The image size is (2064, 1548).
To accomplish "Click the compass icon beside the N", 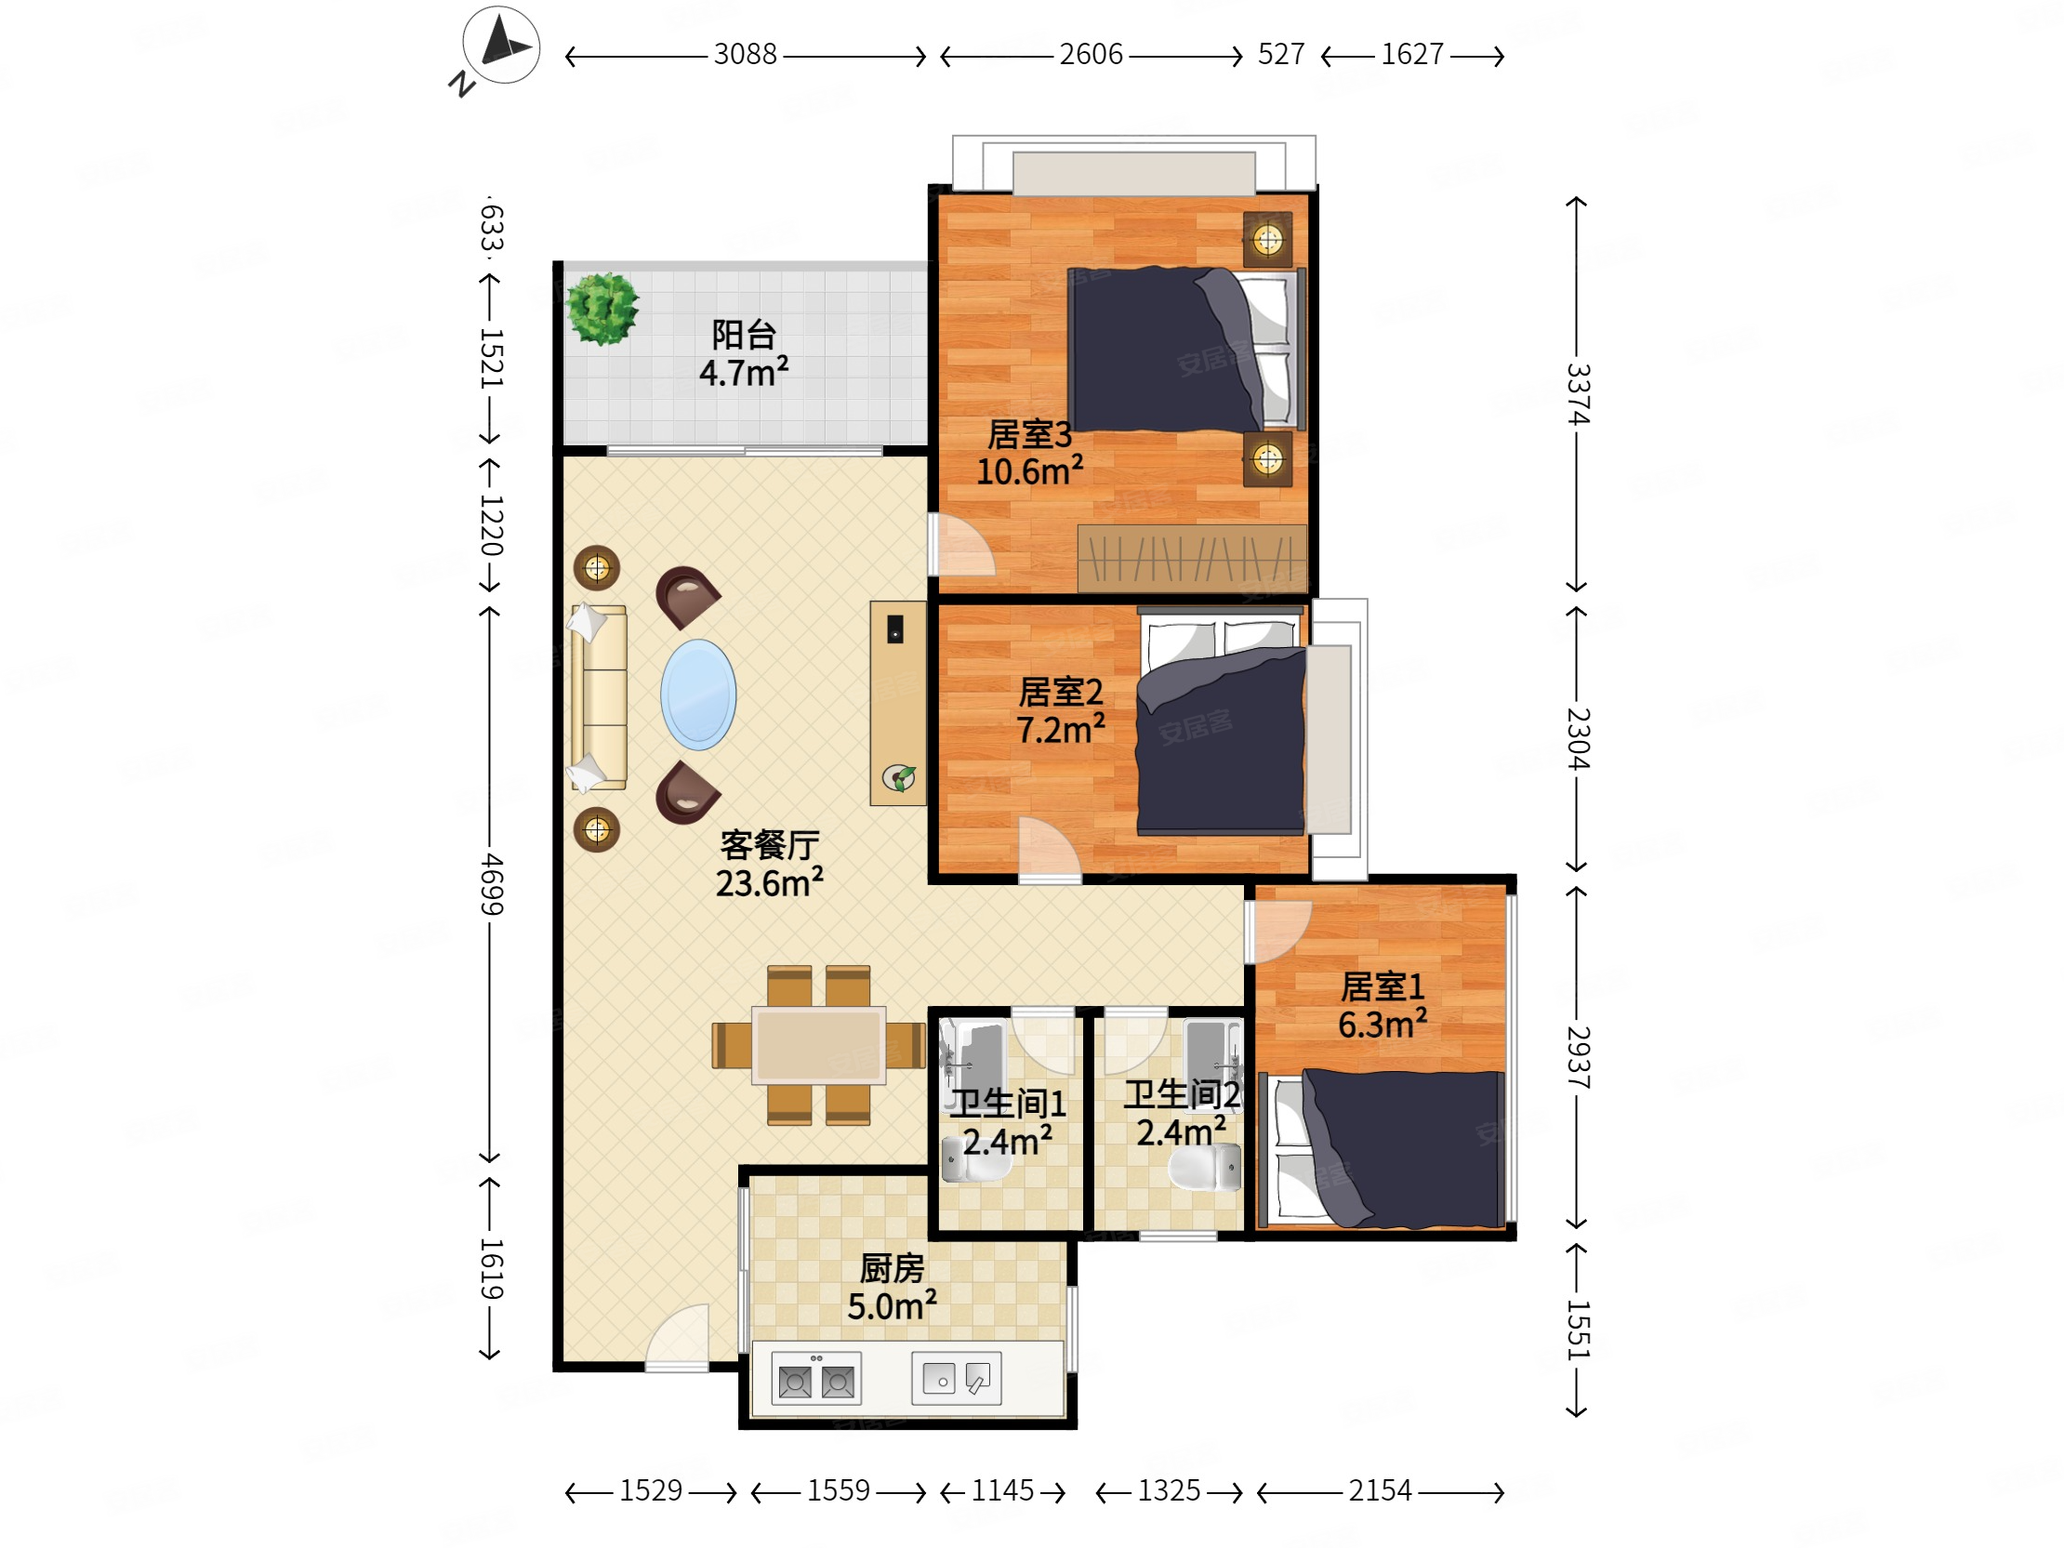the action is [x=501, y=44].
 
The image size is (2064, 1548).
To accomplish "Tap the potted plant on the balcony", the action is [x=602, y=308].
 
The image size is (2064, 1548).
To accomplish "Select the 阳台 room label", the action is [x=744, y=334].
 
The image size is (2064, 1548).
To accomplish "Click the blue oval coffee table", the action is [x=698, y=695].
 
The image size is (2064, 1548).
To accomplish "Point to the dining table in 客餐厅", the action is [x=818, y=1045].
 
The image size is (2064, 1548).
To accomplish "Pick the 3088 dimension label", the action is [x=745, y=54].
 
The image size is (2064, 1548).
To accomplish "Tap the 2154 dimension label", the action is [x=1380, y=1490].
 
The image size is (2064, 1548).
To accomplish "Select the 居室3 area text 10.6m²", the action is [x=1029, y=470].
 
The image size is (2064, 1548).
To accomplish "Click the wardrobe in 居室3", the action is [x=1193, y=558].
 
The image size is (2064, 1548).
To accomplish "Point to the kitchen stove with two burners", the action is [x=816, y=1378].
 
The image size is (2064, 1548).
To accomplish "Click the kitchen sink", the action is [x=957, y=1378].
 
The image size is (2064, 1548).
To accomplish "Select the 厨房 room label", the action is [x=892, y=1268].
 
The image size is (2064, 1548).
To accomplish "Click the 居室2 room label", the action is [x=1061, y=692].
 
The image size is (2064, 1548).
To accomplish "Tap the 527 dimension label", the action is [x=1281, y=54].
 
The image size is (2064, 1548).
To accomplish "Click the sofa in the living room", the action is [x=598, y=698].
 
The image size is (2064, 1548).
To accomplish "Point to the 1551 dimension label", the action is [x=1578, y=1329].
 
